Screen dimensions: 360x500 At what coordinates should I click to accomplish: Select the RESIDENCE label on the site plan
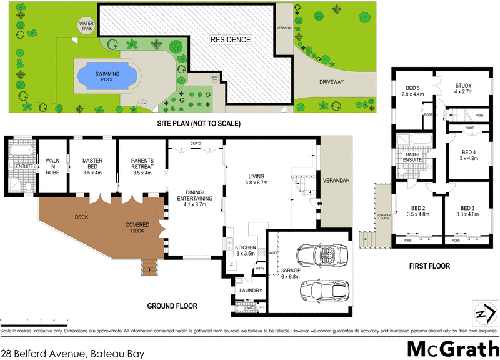230,40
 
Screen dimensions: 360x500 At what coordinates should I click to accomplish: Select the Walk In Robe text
52,167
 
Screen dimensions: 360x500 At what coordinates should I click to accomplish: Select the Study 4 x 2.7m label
463,89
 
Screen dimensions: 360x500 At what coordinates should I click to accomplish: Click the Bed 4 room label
469,155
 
